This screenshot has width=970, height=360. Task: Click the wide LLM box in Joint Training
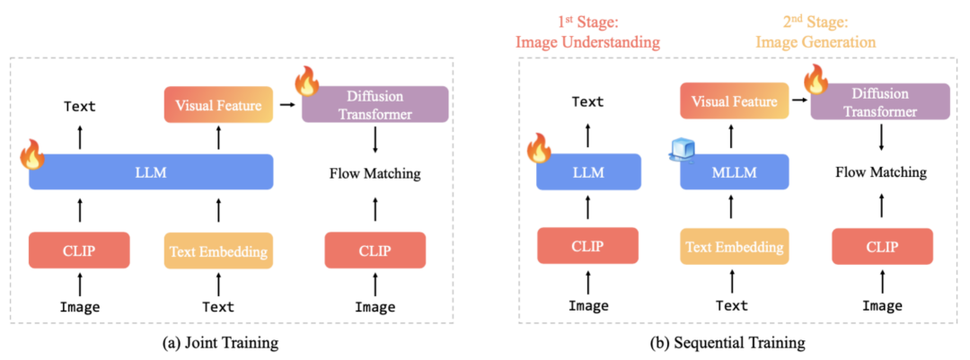(151, 171)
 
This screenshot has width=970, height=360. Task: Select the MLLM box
(734, 171)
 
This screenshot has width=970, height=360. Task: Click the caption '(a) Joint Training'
(230, 342)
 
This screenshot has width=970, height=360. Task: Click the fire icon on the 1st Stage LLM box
(540, 145)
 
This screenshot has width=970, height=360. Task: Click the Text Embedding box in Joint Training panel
(218, 250)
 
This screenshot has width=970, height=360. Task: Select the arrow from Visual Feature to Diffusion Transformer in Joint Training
(287, 104)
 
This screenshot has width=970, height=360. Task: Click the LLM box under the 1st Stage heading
(588, 171)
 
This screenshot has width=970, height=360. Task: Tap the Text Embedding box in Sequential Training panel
(734, 246)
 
